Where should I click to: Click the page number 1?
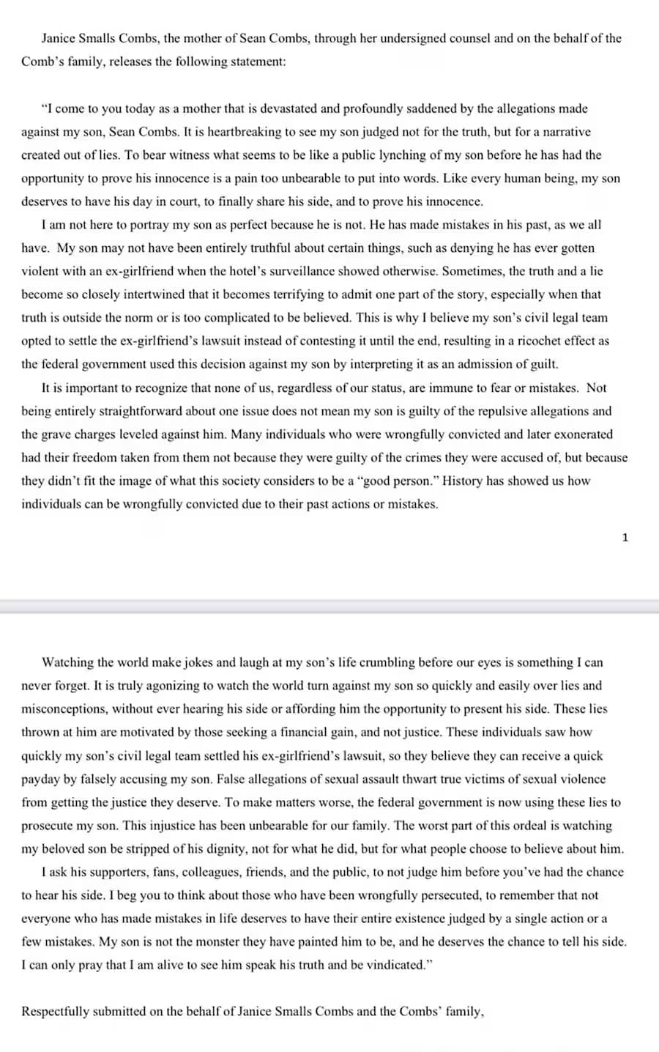(x=625, y=538)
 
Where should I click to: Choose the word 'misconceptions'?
(x=64, y=709)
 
